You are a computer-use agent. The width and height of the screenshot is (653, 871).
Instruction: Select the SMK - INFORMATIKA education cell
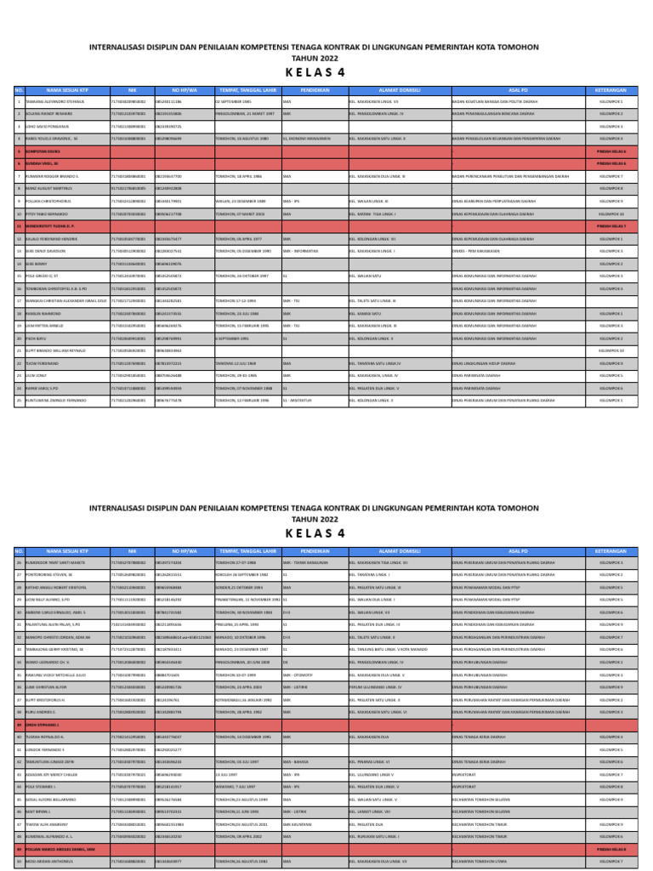(303, 251)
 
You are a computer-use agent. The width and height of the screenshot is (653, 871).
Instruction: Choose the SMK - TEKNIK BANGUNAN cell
(305, 562)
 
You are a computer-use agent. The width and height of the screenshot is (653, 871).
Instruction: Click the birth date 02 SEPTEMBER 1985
(239, 100)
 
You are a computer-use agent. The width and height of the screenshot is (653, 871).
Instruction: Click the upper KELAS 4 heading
(326, 73)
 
